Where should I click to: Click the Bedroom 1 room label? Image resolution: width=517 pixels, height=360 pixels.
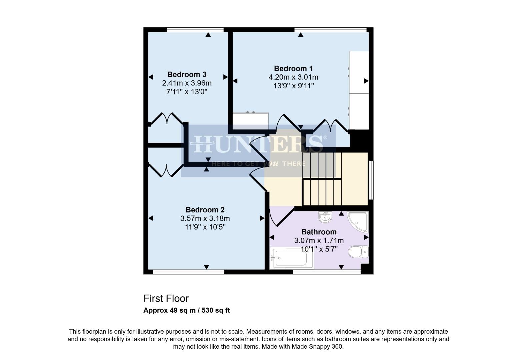click(x=293, y=69)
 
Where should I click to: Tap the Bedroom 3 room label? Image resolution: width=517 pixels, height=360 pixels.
click(x=187, y=74)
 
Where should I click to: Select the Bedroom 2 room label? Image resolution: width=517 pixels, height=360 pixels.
click(x=205, y=210)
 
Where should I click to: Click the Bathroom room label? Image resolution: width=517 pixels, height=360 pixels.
click(x=319, y=232)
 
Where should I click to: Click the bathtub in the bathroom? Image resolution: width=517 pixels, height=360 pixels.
click(x=291, y=258)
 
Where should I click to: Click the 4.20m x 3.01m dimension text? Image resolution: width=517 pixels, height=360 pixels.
click(x=293, y=77)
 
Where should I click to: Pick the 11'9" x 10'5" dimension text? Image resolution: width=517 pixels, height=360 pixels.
click(x=205, y=227)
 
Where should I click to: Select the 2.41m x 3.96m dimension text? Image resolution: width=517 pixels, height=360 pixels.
click(x=187, y=83)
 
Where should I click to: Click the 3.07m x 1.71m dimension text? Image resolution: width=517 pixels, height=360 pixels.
click(x=319, y=240)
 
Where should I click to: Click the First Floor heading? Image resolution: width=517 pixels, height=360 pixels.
click(x=166, y=298)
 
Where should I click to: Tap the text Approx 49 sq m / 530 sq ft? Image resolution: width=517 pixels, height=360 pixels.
click(x=187, y=310)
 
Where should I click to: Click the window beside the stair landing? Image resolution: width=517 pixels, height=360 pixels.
click(x=371, y=180)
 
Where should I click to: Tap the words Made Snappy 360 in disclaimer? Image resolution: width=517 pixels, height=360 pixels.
click(x=317, y=347)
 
